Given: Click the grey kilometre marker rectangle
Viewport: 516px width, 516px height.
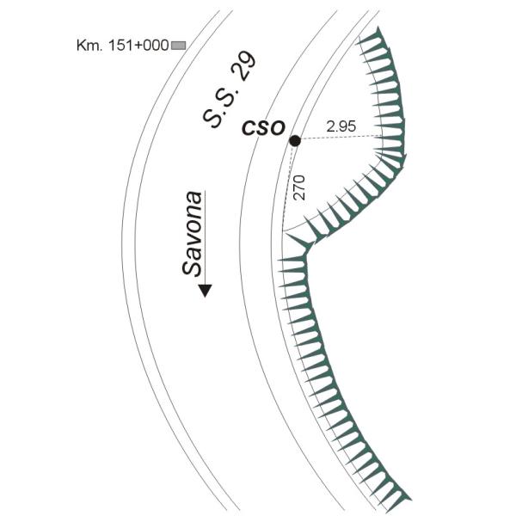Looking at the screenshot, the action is point(179,46).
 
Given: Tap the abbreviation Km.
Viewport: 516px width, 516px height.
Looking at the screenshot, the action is point(89,45).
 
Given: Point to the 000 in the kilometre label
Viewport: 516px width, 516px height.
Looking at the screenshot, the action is point(157,45).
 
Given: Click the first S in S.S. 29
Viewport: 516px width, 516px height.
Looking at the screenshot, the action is point(212,118).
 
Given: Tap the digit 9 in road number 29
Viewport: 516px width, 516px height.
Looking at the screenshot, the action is point(248,60).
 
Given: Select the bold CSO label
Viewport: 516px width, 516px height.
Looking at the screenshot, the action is point(263,128).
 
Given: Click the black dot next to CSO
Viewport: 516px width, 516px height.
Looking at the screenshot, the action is point(295,141).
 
